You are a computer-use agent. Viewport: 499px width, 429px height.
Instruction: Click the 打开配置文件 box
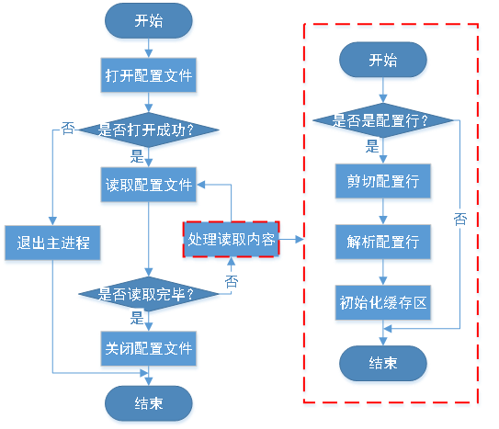tap(148, 75)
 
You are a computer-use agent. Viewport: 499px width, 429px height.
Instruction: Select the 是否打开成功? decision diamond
tap(148, 130)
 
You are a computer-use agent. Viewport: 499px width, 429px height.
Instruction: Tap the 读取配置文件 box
tap(148, 185)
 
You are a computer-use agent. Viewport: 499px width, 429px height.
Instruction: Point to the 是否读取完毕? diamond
tap(148, 295)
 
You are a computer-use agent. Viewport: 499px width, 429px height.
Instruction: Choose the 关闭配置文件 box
tap(148, 349)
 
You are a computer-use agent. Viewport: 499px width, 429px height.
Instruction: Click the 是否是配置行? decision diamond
tap(383, 120)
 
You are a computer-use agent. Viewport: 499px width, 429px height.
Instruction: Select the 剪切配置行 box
tap(383, 181)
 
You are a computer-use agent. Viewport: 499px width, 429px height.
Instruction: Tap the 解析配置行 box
tap(383, 242)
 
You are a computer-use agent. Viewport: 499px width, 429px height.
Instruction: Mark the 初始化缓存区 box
tap(383, 302)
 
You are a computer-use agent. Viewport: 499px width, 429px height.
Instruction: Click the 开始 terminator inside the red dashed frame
tap(383, 61)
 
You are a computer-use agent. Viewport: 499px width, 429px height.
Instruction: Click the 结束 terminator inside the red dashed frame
tap(383, 363)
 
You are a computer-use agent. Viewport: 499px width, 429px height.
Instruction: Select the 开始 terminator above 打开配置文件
tap(148, 20)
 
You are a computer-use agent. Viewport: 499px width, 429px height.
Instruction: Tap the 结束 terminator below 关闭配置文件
tap(148, 402)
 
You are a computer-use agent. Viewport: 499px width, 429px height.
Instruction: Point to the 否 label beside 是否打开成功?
tap(67, 129)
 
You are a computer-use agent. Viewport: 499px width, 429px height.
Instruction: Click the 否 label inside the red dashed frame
tap(459, 218)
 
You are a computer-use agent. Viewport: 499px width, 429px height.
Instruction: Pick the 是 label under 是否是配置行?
tap(372, 146)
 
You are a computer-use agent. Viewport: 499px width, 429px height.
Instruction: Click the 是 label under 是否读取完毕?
tap(137, 320)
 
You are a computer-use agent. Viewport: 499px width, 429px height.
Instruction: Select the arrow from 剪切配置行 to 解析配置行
tap(383, 211)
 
